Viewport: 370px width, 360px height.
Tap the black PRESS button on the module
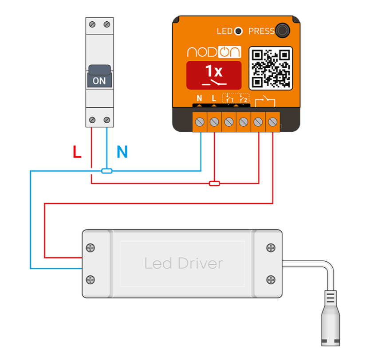click(x=282, y=31)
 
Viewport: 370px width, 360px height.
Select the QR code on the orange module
click(x=271, y=67)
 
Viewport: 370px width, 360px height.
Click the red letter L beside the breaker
click(x=77, y=153)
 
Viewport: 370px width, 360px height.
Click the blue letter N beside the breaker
click(x=122, y=153)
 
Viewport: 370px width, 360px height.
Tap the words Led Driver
click(x=183, y=263)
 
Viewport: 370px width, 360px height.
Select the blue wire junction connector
click(x=107, y=171)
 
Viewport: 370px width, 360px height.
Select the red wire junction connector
click(x=214, y=183)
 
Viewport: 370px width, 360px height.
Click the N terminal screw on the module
click(x=200, y=121)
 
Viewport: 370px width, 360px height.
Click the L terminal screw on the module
click(x=214, y=121)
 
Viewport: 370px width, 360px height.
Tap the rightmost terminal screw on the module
click(x=272, y=121)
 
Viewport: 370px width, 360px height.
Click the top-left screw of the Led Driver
click(x=91, y=248)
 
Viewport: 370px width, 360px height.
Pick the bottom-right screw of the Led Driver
click(x=271, y=279)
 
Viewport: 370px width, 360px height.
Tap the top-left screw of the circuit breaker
click(x=92, y=24)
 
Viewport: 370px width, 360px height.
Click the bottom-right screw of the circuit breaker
click(x=106, y=120)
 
